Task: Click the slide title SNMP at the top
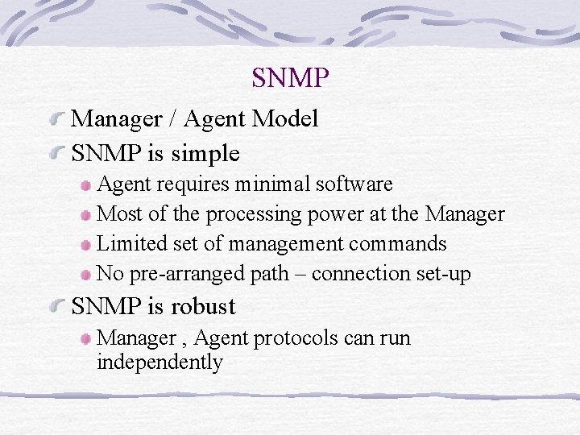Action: (290, 78)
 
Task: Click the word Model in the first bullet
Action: (284, 119)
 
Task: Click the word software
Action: (354, 184)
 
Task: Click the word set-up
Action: (443, 274)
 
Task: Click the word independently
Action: (159, 362)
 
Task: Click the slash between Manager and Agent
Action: (172, 119)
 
